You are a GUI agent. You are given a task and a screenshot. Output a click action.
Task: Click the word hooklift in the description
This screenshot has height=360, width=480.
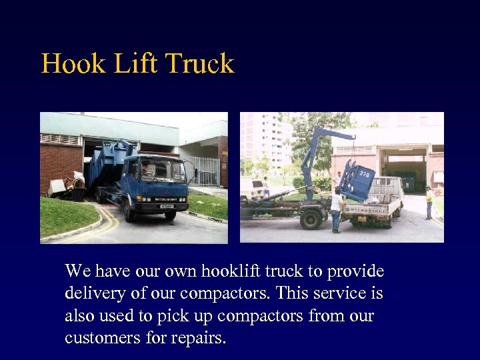point(227,271)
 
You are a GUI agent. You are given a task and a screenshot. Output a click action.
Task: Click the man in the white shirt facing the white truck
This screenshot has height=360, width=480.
point(337,208)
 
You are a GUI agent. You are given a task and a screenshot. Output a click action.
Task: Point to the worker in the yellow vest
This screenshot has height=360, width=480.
point(429,203)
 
